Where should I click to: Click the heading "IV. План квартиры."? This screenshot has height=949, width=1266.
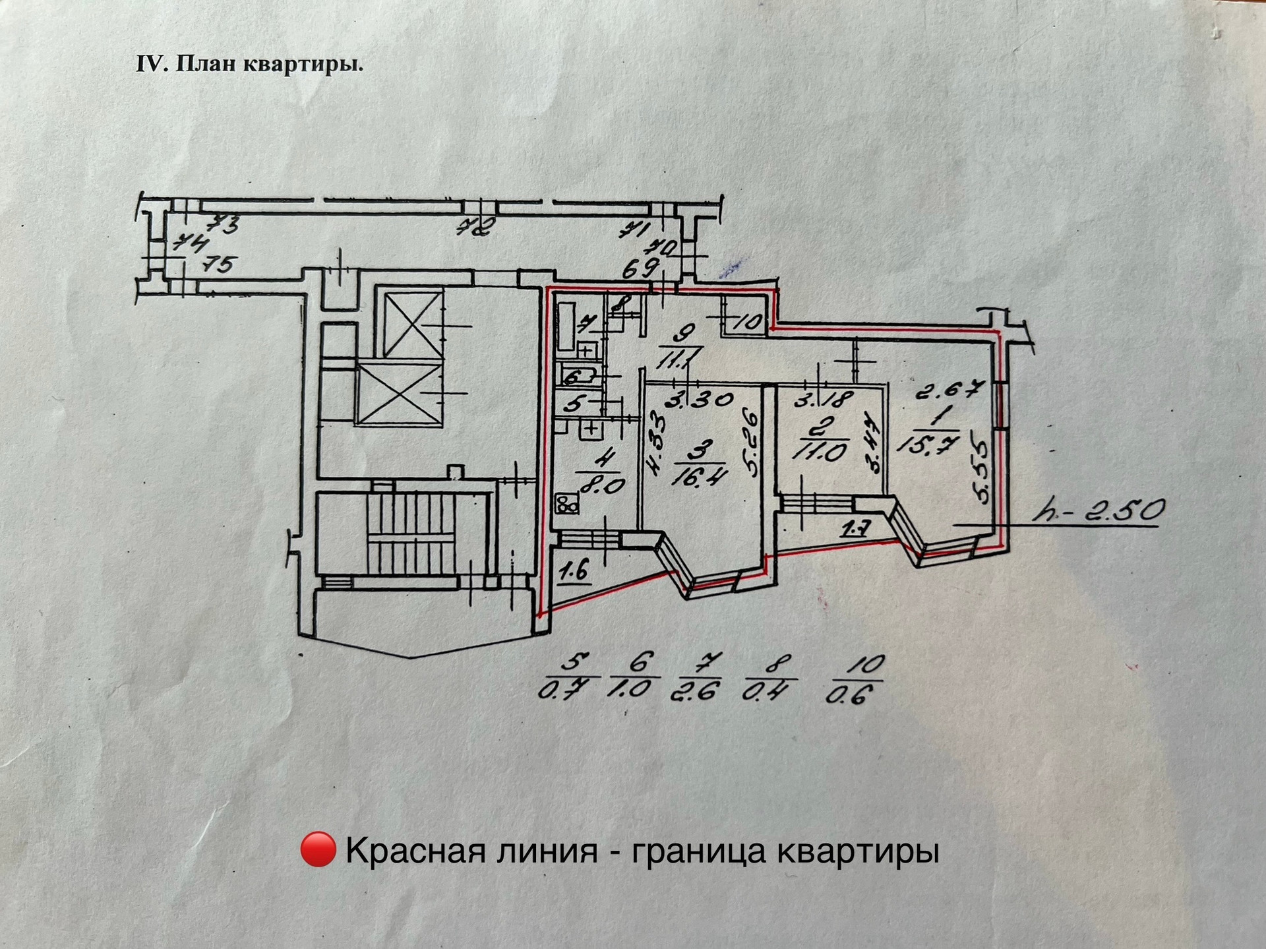pos(249,65)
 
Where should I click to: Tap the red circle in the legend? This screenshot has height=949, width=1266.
pos(318,850)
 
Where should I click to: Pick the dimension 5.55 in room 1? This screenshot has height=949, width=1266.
pos(981,473)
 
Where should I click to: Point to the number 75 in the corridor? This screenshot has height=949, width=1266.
pos(218,264)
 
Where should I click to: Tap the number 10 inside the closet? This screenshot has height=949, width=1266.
pos(748,322)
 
